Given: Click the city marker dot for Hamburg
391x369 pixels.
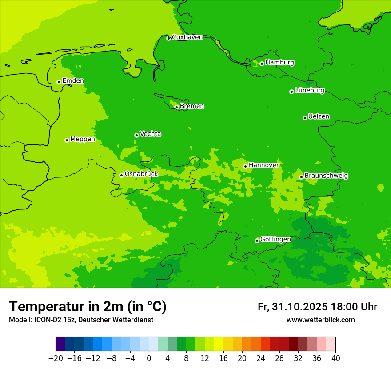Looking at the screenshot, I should [x=262, y=64].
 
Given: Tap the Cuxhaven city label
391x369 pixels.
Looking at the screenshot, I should [x=187, y=37].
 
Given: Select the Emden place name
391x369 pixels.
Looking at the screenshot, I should [x=73, y=80].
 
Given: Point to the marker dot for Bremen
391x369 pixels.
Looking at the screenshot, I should [x=176, y=107].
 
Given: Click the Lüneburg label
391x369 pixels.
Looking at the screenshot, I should [x=309, y=90].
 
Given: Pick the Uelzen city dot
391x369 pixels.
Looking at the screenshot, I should [x=305, y=118].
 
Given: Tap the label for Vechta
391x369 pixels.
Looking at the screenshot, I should [x=150, y=134].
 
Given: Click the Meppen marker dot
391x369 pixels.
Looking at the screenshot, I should [x=67, y=140].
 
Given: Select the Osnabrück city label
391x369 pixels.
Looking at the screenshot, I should [x=141, y=174].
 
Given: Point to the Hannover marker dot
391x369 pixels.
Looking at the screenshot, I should [x=245, y=166].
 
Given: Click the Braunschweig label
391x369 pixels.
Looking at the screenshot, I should [x=326, y=176].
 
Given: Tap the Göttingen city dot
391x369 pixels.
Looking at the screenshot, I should [x=257, y=241].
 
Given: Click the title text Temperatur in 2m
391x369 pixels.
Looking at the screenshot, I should [x=88, y=306].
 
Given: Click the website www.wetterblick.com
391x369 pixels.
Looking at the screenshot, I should [x=320, y=320].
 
